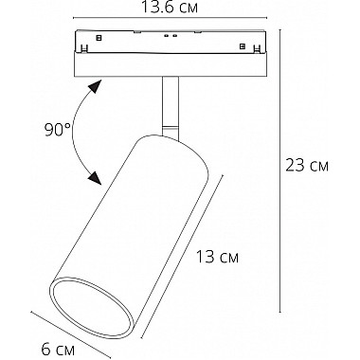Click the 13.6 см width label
(170, 7)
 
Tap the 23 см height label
(307, 165)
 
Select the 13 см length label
(217, 257)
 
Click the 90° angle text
(58, 130)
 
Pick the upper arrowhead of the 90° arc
(95, 86)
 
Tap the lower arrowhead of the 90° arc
(95, 177)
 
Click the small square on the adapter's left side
(99, 38)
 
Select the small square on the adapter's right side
(243, 46)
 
